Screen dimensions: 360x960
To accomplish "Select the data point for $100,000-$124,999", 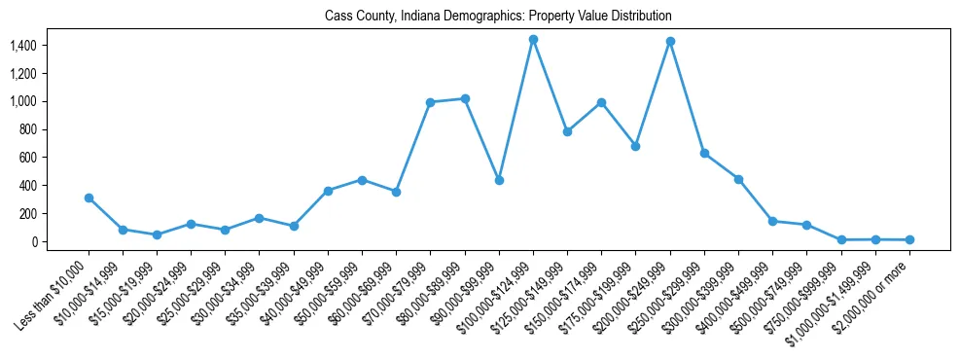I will point(533,39).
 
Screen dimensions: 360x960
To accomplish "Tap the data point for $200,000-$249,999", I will point(670,41).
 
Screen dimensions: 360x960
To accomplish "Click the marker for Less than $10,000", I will point(89,198).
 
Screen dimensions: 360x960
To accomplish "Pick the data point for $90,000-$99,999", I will point(499,180).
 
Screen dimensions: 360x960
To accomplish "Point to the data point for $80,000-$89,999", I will point(465,98).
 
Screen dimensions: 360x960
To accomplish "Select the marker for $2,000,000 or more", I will point(909,239).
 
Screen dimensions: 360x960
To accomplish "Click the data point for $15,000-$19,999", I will point(157,234).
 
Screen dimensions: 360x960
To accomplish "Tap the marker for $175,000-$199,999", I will point(636,146).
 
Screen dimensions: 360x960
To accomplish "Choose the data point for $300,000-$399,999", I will point(738,179).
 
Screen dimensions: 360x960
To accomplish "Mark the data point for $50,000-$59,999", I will point(362,180).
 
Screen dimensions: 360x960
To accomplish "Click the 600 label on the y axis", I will point(27,158).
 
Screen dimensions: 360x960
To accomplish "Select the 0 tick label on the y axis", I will point(33,241).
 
